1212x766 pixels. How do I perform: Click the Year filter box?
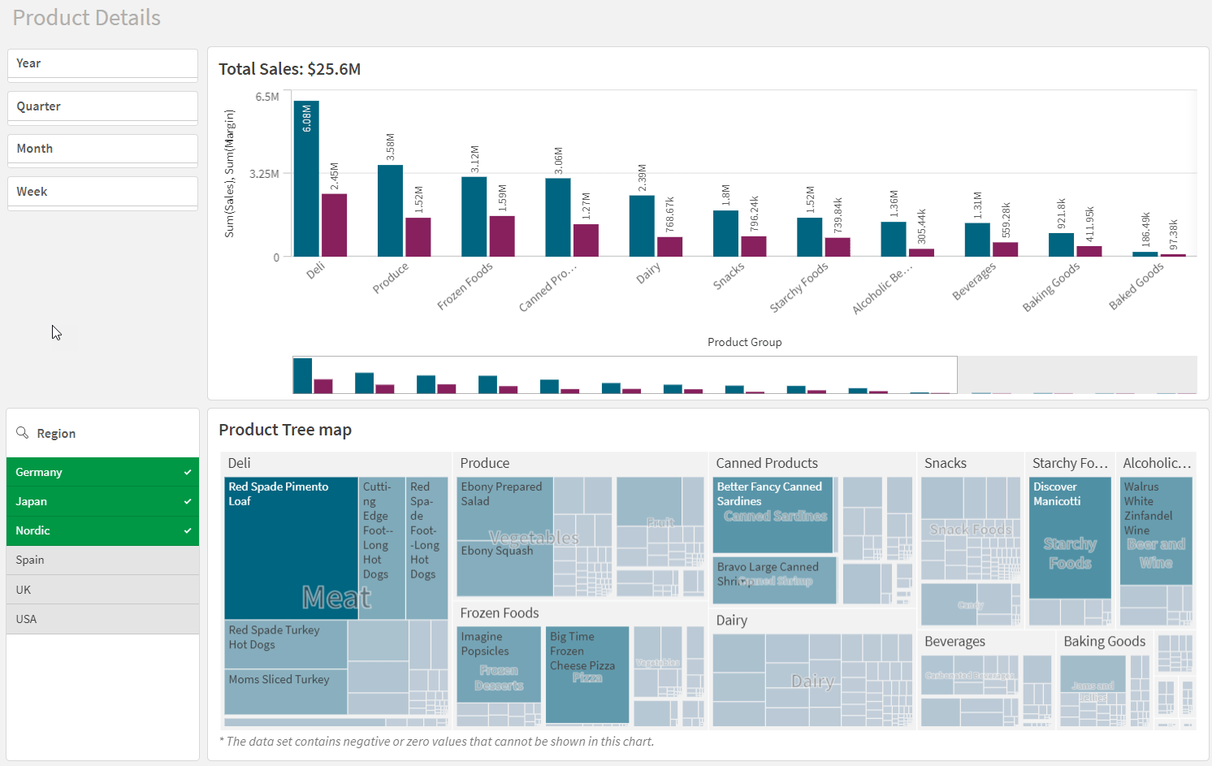pyautogui.click(x=102, y=64)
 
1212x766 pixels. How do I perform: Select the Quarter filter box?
pyautogui.click(x=102, y=107)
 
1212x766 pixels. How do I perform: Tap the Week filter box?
pyautogui.click(x=102, y=193)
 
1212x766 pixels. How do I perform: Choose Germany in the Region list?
pyautogui.click(x=102, y=472)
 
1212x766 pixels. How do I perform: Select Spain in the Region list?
pyautogui.click(x=102, y=560)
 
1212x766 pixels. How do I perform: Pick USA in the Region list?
pyautogui.click(x=102, y=619)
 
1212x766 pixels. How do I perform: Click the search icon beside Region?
pyautogui.click(x=23, y=433)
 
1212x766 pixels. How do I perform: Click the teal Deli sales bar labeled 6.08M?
pyautogui.click(x=306, y=179)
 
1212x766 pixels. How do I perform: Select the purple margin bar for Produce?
pyautogui.click(x=418, y=236)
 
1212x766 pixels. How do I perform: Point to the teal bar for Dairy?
pyautogui.click(x=642, y=226)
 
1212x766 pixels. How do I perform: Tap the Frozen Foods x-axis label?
pyautogui.click(x=465, y=286)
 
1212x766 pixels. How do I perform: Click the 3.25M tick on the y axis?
pyautogui.click(x=264, y=174)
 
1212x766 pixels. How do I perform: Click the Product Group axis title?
pyautogui.click(x=744, y=342)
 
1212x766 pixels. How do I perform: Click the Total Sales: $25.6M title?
pyautogui.click(x=289, y=69)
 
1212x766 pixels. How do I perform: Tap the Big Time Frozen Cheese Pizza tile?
pyautogui.click(x=587, y=674)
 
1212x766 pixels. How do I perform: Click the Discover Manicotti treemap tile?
pyautogui.click(x=1070, y=536)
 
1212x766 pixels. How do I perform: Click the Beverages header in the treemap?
pyautogui.click(x=954, y=642)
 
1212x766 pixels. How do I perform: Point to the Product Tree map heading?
pyautogui.click(x=285, y=430)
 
